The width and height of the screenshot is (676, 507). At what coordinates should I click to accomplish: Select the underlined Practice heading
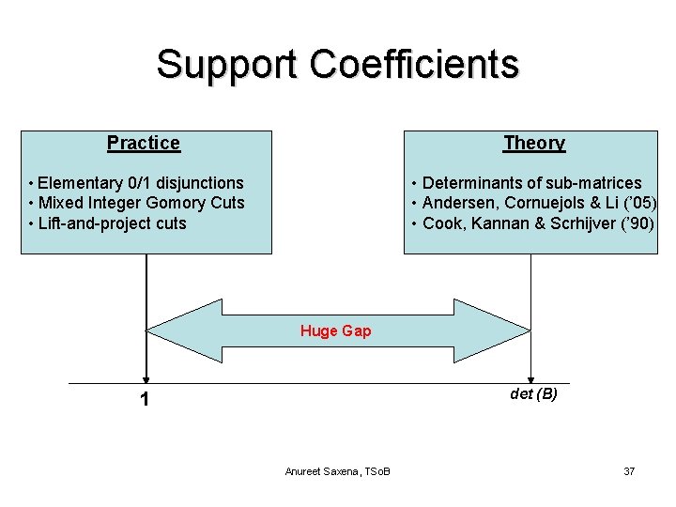click(x=144, y=143)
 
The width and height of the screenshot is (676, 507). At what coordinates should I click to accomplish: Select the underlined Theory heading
click(x=534, y=143)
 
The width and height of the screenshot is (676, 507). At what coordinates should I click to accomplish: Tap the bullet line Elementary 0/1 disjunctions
click(x=137, y=183)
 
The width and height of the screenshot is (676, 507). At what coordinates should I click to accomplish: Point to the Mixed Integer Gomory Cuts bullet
click(x=137, y=203)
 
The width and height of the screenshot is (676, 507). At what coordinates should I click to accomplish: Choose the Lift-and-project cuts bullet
click(x=109, y=223)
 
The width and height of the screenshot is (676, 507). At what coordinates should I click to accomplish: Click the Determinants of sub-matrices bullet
click(x=527, y=183)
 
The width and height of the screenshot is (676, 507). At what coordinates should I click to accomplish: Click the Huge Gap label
click(x=335, y=330)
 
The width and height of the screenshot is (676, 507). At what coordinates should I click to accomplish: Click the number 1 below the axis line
click(x=144, y=400)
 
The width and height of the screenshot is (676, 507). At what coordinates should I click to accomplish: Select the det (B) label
click(x=533, y=394)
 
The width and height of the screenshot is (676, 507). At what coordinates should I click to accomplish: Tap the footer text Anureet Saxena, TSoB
click(x=338, y=470)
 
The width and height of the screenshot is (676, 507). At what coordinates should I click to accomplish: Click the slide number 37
click(x=629, y=470)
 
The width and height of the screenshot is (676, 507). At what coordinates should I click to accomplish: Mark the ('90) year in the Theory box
click(x=634, y=223)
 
